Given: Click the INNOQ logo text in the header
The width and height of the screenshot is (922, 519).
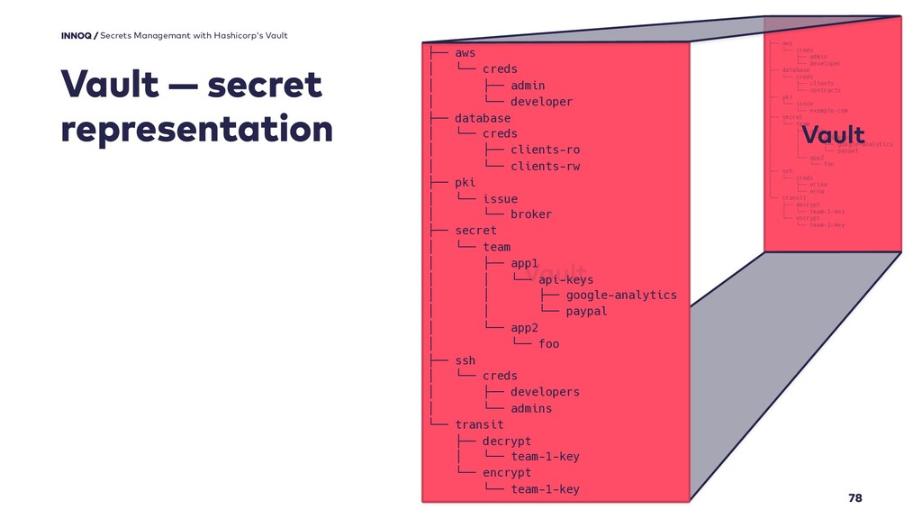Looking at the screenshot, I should pyautogui.click(x=78, y=35).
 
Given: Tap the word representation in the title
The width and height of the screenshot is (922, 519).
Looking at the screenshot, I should pyautogui.click(x=196, y=129).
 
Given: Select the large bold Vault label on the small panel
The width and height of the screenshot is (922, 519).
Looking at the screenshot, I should pyautogui.click(x=833, y=135).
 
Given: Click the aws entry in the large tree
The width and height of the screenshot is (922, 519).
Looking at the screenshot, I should pyautogui.click(x=465, y=53).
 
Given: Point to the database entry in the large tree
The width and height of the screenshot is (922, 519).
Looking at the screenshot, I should pyautogui.click(x=482, y=118).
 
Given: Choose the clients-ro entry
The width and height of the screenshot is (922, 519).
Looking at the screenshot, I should pyautogui.click(x=545, y=150).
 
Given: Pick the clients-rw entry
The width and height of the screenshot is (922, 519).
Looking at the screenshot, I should pyautogui.click(x=545, y=166).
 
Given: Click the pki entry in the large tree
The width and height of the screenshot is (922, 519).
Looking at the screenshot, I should pyautogui.click(x=465, y=182).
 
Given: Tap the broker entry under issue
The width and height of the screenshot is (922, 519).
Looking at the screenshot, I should pyautogui.click(x=530, y=214).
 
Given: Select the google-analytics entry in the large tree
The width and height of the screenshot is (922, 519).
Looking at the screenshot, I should pyautogui.click(x=621, y=295).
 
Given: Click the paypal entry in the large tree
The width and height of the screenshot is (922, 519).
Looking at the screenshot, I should pyautogui.click(x=586, y=311).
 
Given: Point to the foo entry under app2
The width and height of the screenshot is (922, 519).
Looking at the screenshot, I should pyautogui.click(x=548, y=343).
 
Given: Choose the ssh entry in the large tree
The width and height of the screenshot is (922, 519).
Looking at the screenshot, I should pyautogui.click(x=465, y=360).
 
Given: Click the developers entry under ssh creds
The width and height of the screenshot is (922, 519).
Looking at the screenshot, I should pyautogui.click(x=545, y=392).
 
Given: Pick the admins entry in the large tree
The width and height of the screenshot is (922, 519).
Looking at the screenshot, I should pyautogui.click(x=530, y=408).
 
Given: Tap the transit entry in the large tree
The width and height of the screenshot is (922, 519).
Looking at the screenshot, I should pyautogui.click(x=479, y=424).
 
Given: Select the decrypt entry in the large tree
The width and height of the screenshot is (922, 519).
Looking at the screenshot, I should pyautogui.click(x=506, y=441).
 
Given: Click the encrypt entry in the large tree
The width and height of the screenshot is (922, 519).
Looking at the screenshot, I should pyautogui.click(x=506, y=472).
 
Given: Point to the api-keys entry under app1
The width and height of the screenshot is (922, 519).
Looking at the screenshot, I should pyautogui.click(x=565, y=279).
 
